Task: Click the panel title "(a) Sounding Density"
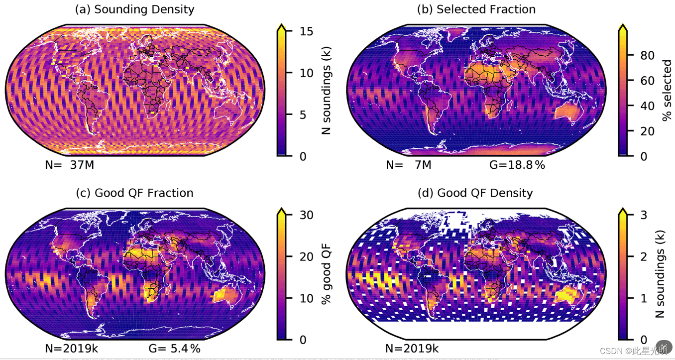pyautogui.click(x=134, y=9)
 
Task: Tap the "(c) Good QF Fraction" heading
pyautogui.click(x=134, y=193)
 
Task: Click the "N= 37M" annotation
pyautogui.click(x=69, y=165)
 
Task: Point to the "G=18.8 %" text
pyautogui.click(x=517, y=165)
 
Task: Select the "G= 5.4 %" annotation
pyautogui.click(x=174, y=348)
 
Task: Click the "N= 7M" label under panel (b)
pyautogui.click(x=408, y=165)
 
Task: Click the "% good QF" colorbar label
pyautogui.click(x=326, y=277)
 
